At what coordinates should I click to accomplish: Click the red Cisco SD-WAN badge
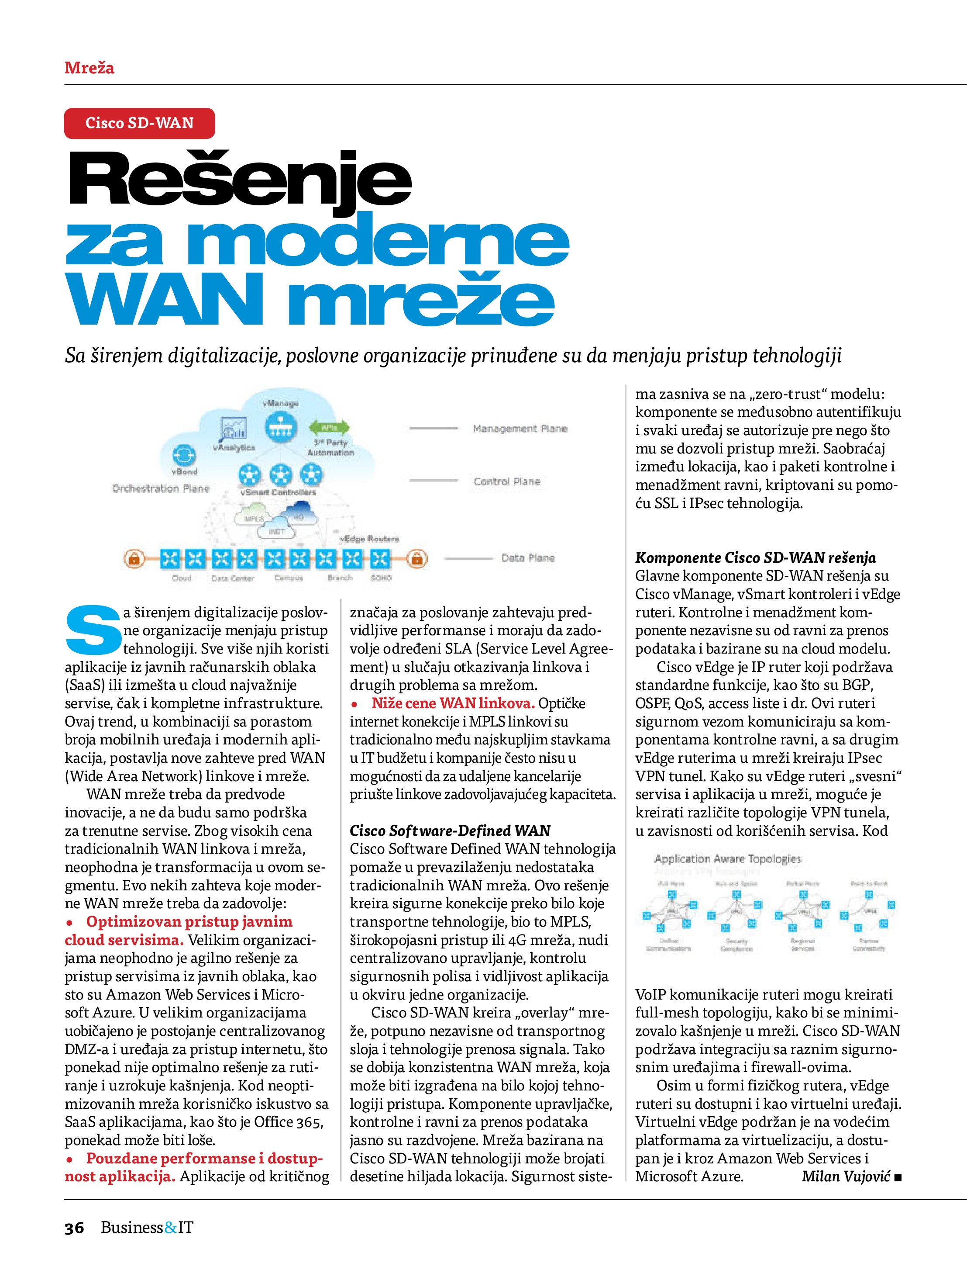139,123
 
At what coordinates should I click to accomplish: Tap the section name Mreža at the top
89,68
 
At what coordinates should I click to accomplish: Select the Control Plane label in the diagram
506,481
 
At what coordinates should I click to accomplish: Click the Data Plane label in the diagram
528,557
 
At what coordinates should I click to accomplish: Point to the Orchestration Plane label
160,488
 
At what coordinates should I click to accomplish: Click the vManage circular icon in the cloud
281,428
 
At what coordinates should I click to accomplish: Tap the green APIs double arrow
330,428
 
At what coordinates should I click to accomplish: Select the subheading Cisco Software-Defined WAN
450,831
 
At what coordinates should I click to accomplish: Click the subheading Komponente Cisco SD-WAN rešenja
755,557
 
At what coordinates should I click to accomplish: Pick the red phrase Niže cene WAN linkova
453,703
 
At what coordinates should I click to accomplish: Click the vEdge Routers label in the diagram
369,539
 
